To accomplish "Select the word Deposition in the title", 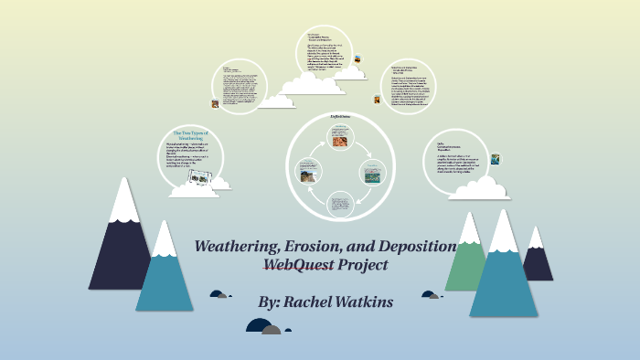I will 416,248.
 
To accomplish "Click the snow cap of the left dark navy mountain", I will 123,201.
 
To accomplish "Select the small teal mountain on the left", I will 165,274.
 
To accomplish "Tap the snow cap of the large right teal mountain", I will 503,233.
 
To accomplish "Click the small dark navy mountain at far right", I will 537,260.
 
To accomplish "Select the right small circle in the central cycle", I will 371,172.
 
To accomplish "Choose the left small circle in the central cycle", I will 306,172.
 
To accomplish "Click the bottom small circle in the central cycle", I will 338,203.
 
